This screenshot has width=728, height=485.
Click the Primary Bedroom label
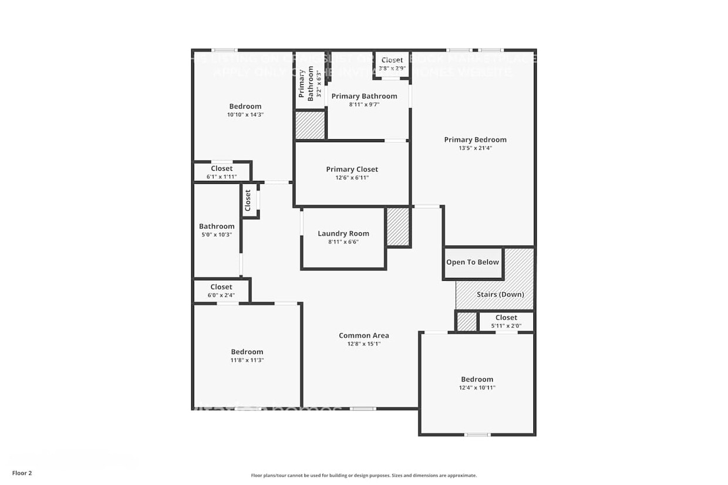475,140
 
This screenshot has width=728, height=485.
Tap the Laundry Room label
343,233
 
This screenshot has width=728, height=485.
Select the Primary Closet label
352,169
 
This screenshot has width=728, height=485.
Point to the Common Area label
364,335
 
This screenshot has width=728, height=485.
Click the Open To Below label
473,262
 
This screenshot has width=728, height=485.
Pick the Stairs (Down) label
500,294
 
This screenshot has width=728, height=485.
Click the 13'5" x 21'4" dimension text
475,148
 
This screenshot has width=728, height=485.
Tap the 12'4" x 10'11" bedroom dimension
477,388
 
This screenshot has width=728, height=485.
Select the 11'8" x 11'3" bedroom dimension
247,360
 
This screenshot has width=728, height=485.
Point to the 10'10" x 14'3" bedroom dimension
245,115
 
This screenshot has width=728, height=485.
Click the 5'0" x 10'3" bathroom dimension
217,235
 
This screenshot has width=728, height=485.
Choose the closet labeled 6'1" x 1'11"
222,172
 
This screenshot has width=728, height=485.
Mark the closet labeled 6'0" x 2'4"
221,291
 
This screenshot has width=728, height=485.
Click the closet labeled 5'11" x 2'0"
506,321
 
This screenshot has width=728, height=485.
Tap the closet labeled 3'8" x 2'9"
392,64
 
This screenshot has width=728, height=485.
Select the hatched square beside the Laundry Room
398,228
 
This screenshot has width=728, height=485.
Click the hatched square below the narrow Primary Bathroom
310,125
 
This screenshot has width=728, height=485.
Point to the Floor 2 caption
22,473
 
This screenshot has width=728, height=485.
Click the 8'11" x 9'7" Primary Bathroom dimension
364,104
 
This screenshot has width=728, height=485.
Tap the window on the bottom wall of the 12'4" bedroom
477,435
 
